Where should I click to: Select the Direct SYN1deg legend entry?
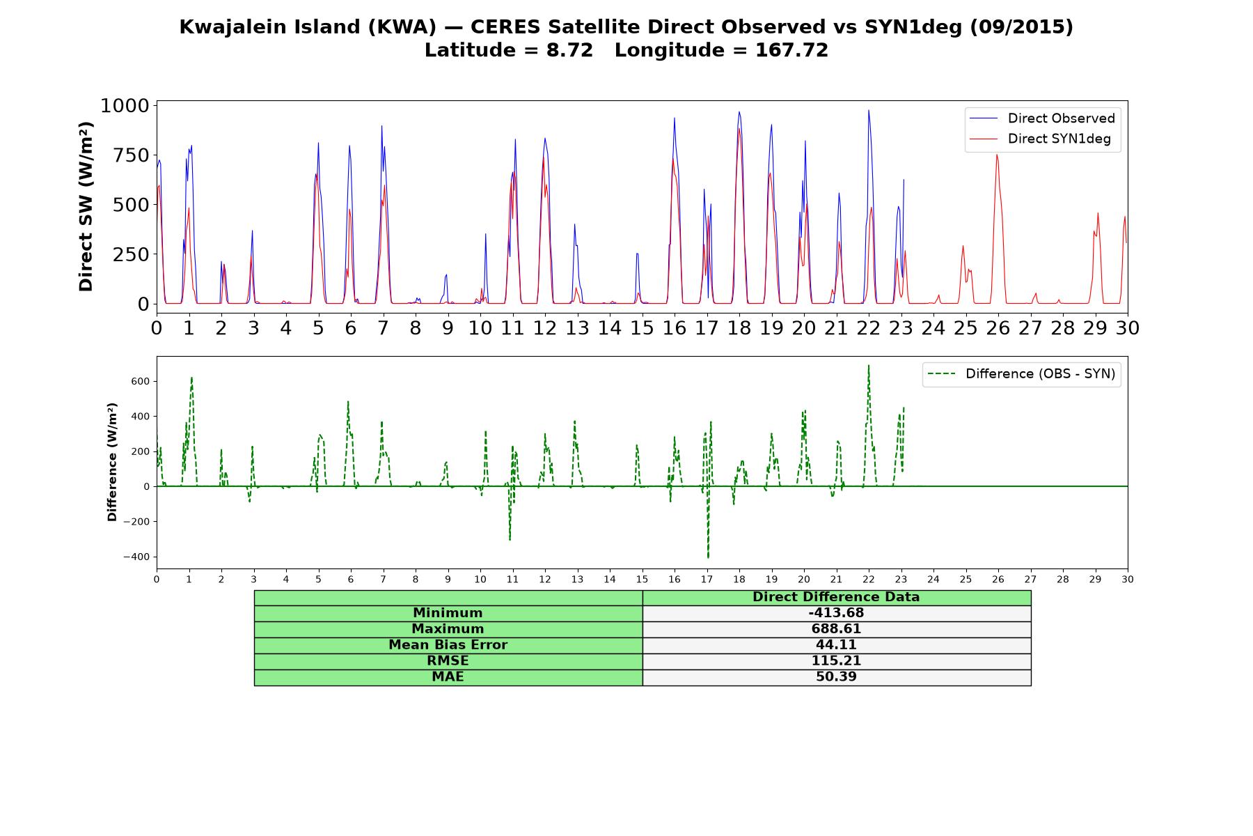[1041, 139]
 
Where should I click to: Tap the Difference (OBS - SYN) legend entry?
[1022, 374]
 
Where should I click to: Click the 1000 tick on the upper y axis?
[125, 106]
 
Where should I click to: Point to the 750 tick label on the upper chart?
[132, 155]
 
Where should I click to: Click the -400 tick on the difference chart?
[137, 557]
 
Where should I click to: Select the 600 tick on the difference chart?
[141, 382]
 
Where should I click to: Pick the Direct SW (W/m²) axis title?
[86, 206]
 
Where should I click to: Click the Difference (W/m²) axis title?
[112, 462]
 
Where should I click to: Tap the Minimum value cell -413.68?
[836, 613]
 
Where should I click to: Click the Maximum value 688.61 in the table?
[836, 629]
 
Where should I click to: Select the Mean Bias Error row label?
[448, 645]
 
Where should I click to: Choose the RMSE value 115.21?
[836, 661]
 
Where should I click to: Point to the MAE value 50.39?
[836, 677]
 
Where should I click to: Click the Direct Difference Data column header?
[836, 597]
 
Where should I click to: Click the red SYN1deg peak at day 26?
[997, 155]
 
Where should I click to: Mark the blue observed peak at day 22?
[868, 110]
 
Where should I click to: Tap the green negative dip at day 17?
[708, 557]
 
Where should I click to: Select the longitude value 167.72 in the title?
[791, 50]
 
